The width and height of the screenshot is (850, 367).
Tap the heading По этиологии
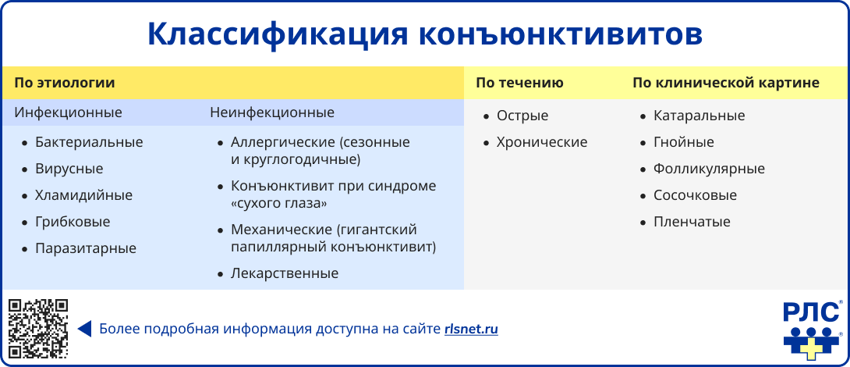click(65, 83)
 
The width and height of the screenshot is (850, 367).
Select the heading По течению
click(519, 83)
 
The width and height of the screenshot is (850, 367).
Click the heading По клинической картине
click(725, 83)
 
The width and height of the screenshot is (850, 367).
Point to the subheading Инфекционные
click(68, 112)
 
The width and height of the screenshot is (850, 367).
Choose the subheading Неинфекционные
click(272, 112)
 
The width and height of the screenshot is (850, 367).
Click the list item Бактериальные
click(89, 142)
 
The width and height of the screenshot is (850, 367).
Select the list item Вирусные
click(69, 169)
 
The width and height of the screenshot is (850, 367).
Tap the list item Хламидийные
click(83, 195)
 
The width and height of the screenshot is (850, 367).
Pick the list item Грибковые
click(73, 222)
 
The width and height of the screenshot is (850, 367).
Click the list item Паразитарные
click(86, 248)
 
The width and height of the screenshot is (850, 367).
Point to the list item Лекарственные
click(285, 273)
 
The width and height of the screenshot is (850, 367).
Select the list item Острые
click(522, 116)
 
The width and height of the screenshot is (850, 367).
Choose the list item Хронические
click(542, 142)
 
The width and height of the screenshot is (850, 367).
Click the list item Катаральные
click(699, 116)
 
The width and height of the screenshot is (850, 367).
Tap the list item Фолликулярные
click(709, 169)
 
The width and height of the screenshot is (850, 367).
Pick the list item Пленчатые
click(692, 222)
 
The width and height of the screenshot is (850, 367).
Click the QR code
click(38, 328)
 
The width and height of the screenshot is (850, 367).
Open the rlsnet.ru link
click(471, 329)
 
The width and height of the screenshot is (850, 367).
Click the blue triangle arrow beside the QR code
click(85, 329)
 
